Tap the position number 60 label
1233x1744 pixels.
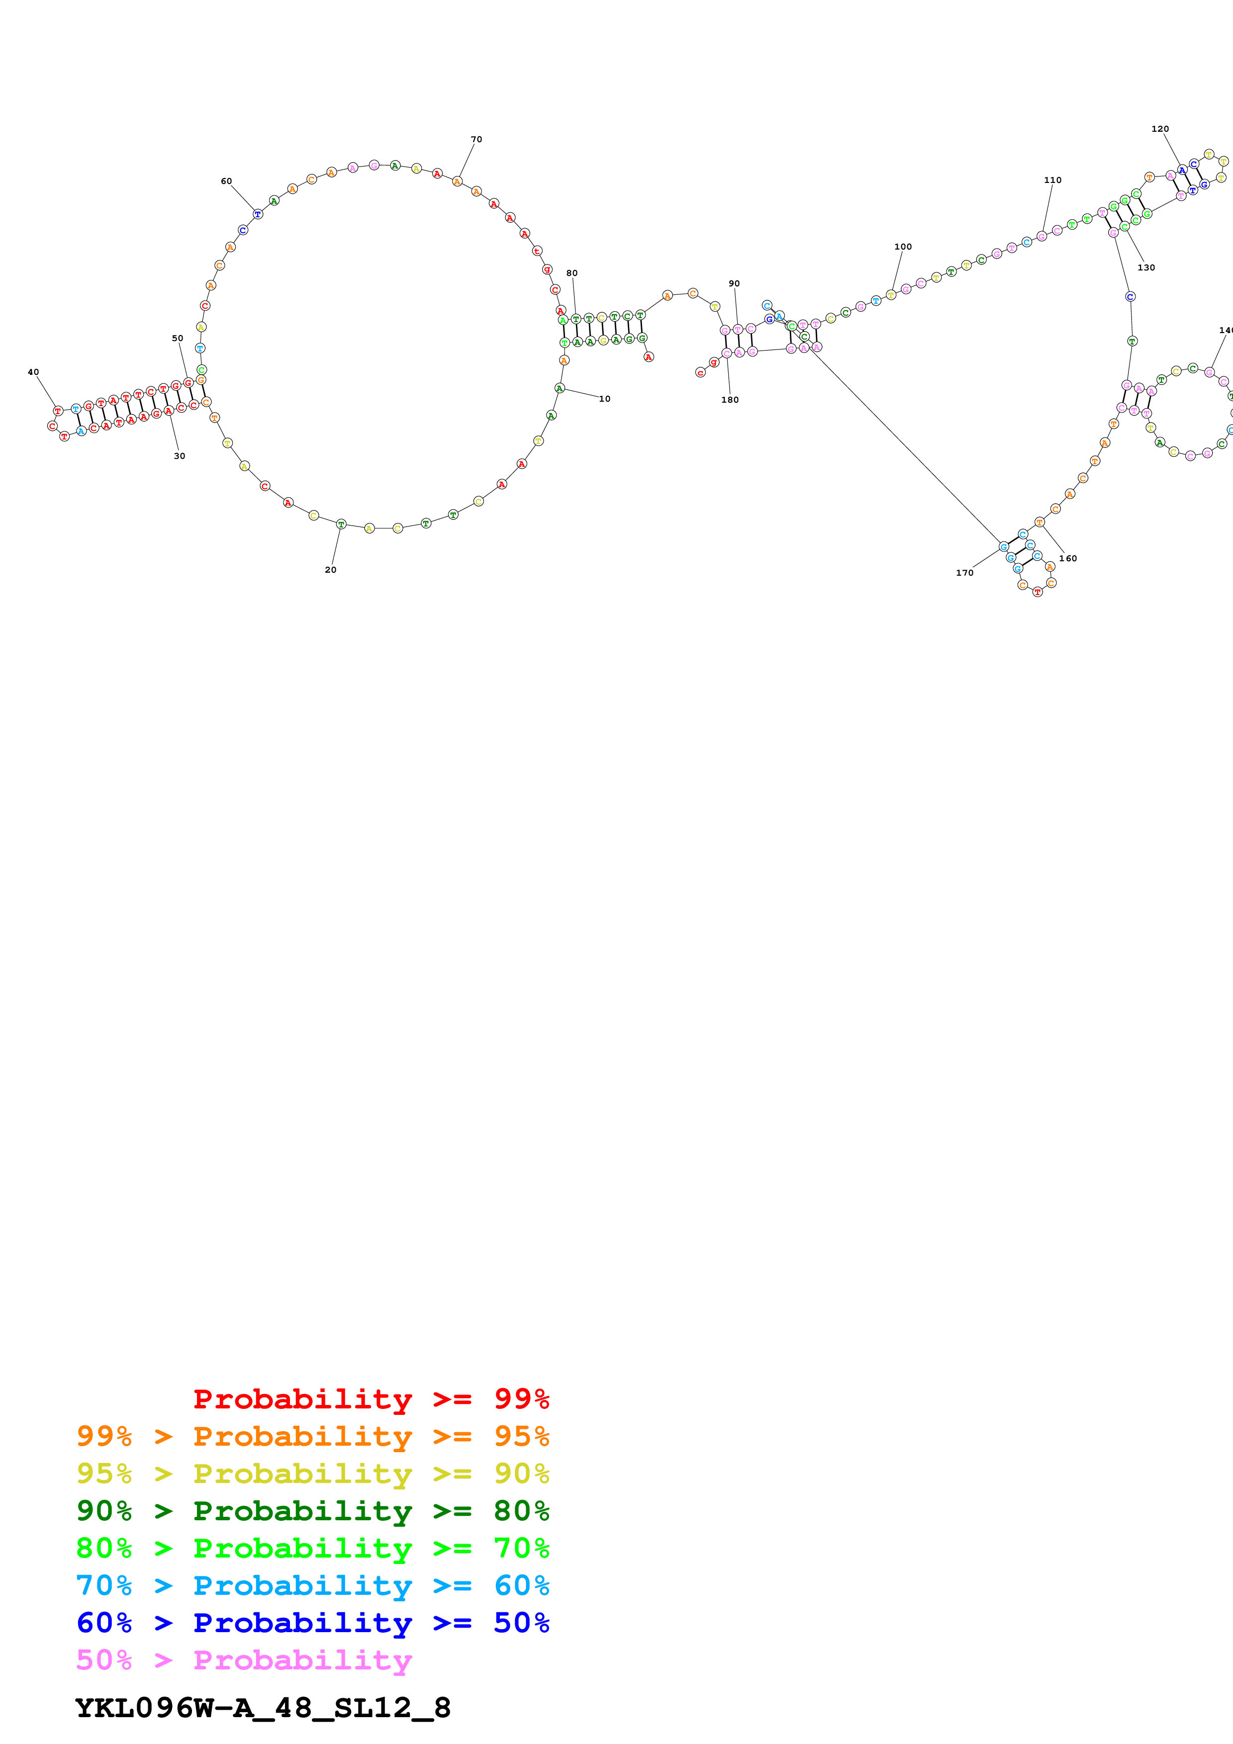(x=226, y=181)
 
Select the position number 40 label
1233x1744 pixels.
(x=33, y=372)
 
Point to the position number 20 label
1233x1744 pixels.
(x=330, y=570)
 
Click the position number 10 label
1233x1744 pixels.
(x=605, y=399)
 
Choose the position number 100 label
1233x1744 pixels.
(x=903, y=247)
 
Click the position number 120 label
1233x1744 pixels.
(x=1160, y=129)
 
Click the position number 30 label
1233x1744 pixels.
(x=179, y=456)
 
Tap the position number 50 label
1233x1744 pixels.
(x=178, y=339)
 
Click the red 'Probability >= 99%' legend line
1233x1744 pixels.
(x=371, y=1399)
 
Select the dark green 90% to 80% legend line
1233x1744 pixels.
(x=313, y=1511)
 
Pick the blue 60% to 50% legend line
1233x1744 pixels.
(x=313, y=1623)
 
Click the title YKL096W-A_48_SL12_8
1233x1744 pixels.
(x=263, y=1708)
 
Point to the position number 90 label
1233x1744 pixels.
(x=734, y=283)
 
